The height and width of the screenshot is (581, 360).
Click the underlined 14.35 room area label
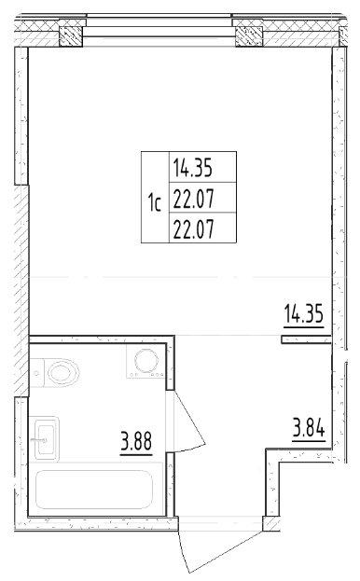pos(303,313)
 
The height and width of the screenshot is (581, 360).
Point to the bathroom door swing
pos(187,424)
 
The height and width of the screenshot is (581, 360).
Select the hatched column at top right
pos(247,36)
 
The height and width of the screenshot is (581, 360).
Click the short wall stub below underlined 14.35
pos(305,340)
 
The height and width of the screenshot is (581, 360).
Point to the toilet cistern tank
pos(35,374)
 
